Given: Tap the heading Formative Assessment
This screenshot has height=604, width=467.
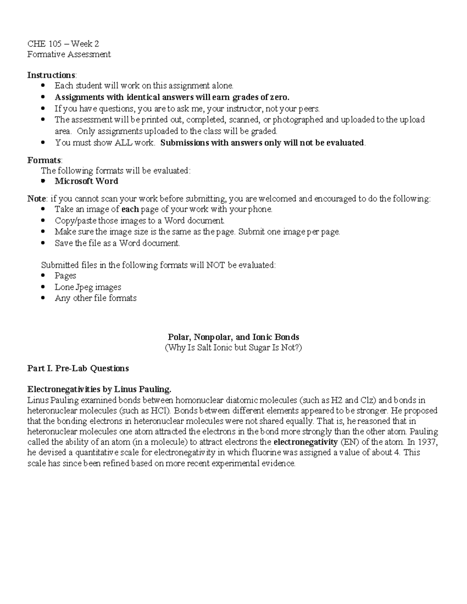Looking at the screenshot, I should (69, 54).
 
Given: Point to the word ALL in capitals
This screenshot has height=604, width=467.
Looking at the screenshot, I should (123, 143).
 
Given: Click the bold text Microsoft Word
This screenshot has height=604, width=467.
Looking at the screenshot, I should (86, 181).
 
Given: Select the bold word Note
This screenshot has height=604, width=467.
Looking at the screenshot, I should (37, 199).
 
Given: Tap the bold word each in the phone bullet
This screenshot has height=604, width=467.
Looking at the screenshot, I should (130, 209).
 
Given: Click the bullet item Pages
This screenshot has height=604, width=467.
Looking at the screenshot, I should (65, 276).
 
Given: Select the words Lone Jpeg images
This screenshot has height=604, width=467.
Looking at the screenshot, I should (88, 287).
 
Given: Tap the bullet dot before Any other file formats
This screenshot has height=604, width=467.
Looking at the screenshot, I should (44, 298).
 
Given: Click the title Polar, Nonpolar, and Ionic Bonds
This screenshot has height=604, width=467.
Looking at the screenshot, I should (233, 337).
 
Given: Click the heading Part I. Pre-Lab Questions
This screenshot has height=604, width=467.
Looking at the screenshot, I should (78, 368).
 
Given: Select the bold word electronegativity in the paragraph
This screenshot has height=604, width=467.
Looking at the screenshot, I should (305, 442).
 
